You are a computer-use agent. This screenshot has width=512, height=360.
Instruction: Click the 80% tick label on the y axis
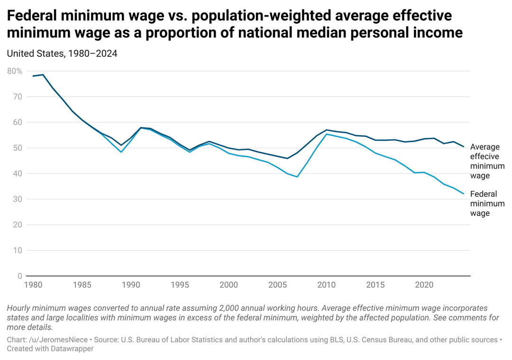click(15, 71)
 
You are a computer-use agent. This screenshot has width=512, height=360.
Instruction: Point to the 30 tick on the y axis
click(17, 199)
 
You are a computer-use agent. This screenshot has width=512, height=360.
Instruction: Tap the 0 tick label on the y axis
click(19, 276)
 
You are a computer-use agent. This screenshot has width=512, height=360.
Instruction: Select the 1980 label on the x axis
click(33, 285)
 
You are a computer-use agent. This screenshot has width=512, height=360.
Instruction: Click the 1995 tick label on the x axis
click(180, 285)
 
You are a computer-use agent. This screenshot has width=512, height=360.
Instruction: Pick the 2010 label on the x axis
click(327, 285)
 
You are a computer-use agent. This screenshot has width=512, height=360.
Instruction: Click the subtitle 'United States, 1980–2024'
click(62, 54)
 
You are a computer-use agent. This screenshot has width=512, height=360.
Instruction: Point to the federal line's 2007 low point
click(297, 177)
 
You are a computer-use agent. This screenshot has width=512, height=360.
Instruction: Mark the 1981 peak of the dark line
click(43, 75)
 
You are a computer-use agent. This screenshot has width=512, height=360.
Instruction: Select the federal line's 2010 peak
click(327, 134)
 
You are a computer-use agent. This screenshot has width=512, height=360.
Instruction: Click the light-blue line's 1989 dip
click(121, 152)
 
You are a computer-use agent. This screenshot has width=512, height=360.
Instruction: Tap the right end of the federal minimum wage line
click(463, 193)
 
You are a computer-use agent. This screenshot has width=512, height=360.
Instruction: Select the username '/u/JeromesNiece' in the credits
click(60, 340)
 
